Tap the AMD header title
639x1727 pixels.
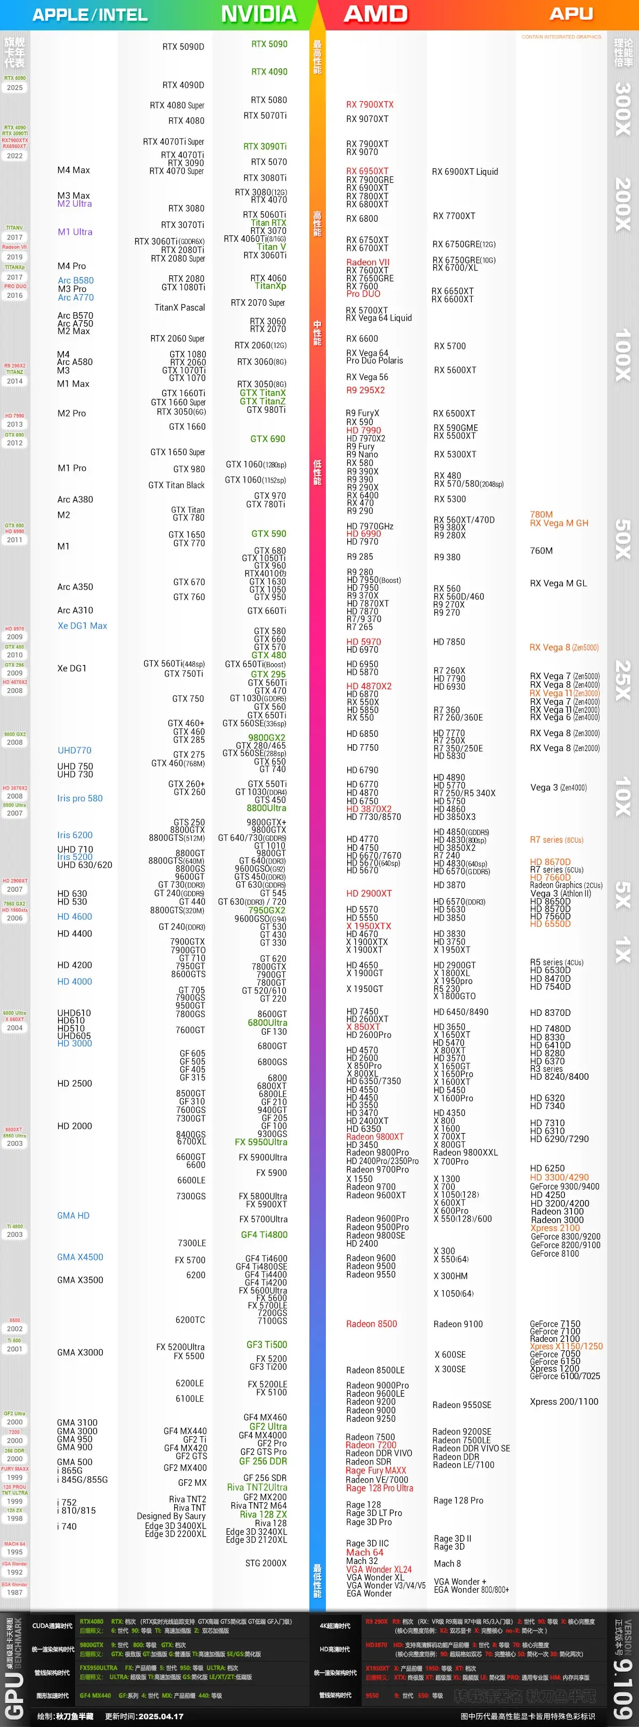click(375, 14)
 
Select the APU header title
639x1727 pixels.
click(571, 14)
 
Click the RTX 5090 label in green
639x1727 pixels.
click(269, 44)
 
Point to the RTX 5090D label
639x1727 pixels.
click(183, 47)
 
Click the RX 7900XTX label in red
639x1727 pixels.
click(370, 104)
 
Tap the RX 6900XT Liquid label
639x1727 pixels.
click(465, 172)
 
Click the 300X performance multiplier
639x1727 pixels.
click(622, 109)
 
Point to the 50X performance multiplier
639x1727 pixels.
click(622, 539)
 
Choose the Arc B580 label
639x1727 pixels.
click(75, 280)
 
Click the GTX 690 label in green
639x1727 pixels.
click(267, 439)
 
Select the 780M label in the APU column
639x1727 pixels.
click(541, 515)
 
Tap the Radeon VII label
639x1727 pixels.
click(367, 262)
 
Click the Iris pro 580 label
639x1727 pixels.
click(80, 798)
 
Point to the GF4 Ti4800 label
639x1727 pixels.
click(264, 1234)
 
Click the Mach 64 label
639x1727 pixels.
click(364, 1552)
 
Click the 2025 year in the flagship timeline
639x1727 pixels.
click(15, 88)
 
